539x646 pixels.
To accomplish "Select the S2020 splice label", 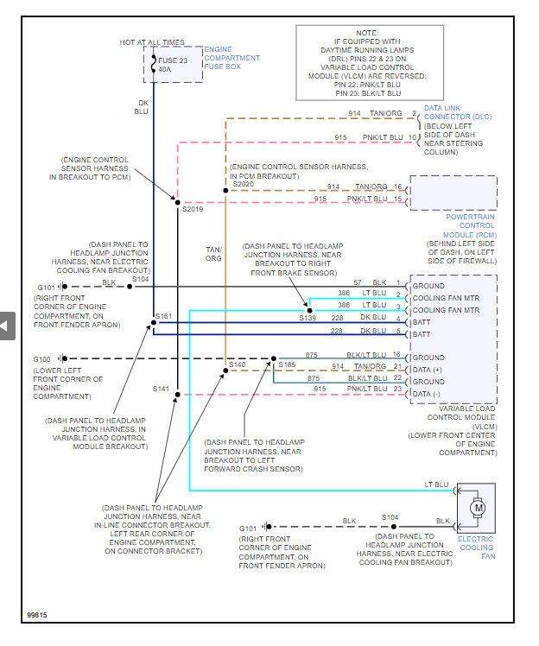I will [x=244, y=184].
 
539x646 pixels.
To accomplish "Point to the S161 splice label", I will [x=164, y=316].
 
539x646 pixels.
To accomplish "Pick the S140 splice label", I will [x=238, y=365].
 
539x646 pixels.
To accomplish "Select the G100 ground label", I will [x=41, y=358].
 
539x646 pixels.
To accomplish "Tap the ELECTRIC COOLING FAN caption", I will [x=475, y=548].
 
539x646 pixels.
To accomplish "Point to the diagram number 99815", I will [x=36, y=615].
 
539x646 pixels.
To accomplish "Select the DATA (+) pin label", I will [x=427, y=369].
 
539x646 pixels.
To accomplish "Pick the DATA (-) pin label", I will [x=427, y=394].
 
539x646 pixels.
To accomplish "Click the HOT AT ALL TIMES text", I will [x=151, y=41].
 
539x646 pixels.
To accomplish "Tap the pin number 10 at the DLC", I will [x=413, y=137].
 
